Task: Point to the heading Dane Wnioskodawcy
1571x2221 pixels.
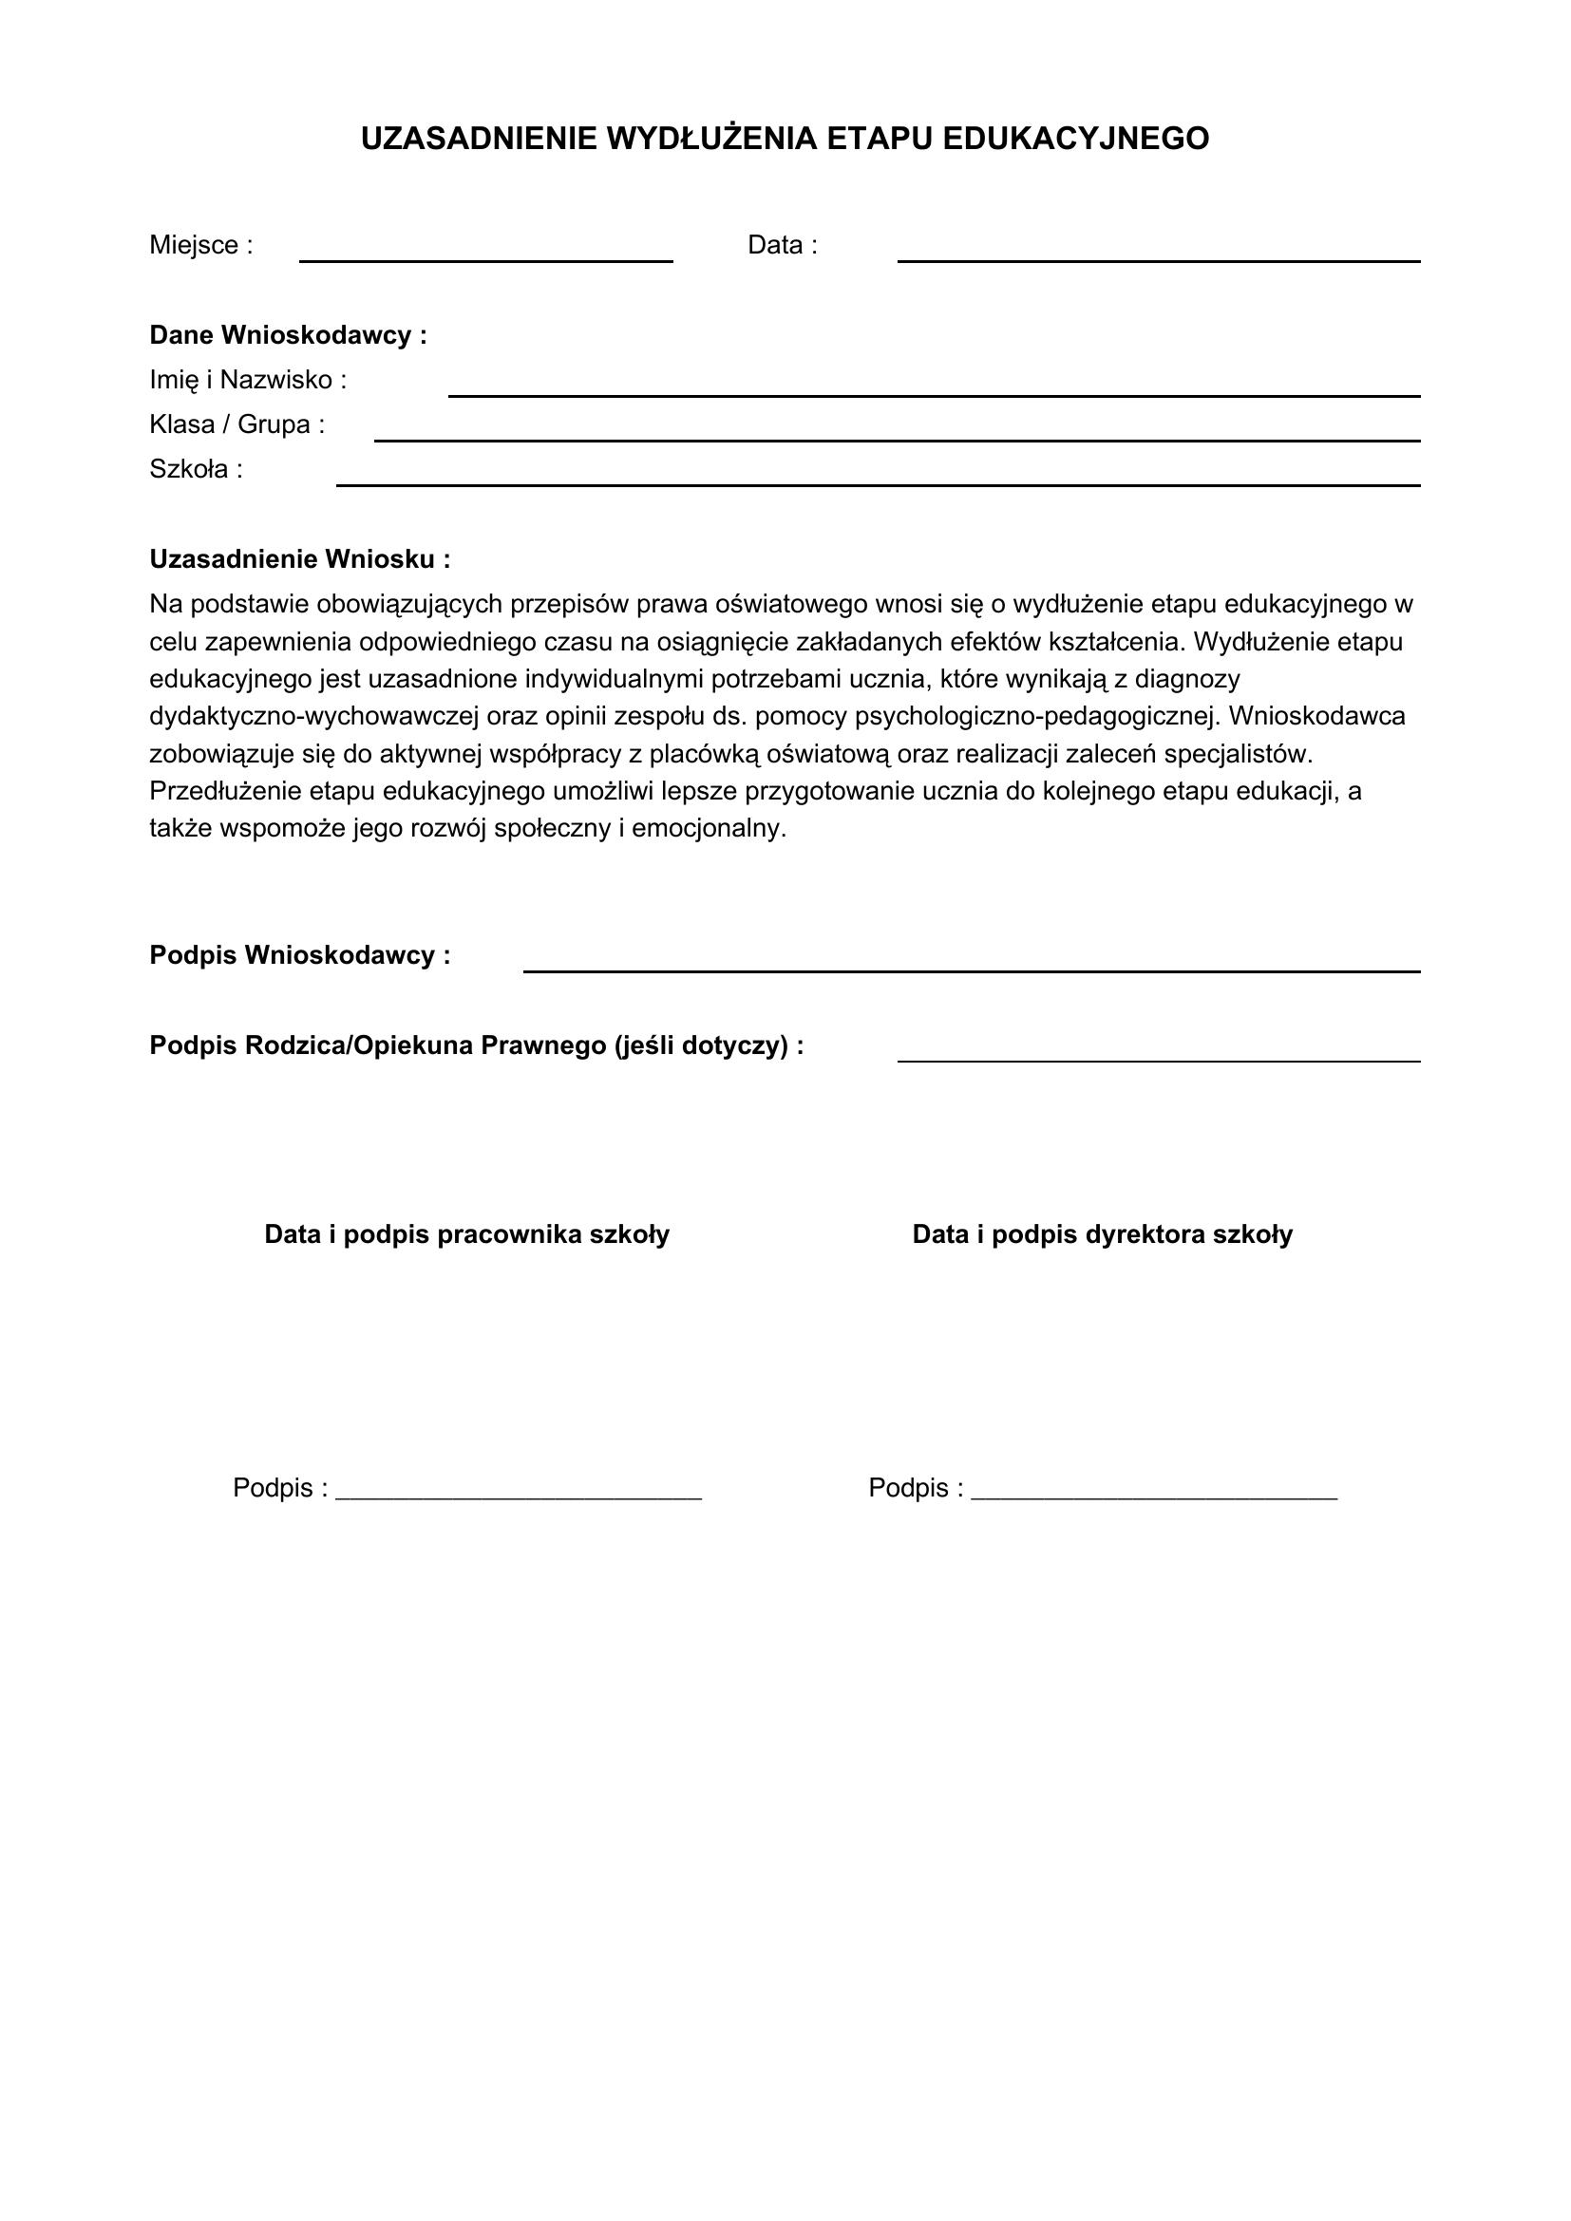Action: [287, 335]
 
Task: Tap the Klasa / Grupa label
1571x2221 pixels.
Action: [237, 424]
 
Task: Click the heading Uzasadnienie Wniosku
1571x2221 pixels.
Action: [299, 560]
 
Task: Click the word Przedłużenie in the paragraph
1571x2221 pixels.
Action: [226, 791]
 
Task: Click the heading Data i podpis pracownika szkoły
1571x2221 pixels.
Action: [466, 1235]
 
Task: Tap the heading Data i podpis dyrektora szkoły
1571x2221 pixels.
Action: [1102, 1235]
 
